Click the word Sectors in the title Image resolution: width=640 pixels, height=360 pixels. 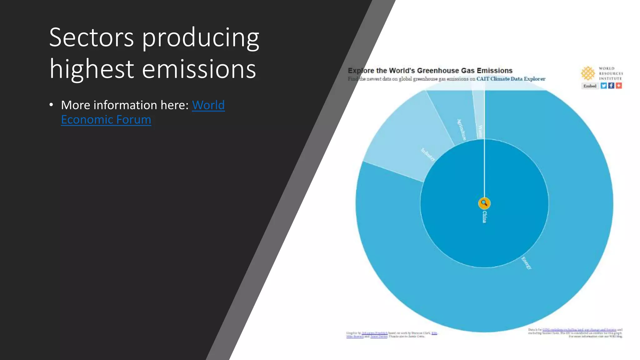91,37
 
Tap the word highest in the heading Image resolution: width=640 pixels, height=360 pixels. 91,69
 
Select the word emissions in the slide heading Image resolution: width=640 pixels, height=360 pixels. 199,69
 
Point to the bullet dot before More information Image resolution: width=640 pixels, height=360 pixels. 51,105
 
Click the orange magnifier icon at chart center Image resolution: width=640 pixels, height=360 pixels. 484,203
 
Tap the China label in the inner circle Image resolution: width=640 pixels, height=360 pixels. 484,217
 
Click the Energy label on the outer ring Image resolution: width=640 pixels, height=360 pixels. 526,263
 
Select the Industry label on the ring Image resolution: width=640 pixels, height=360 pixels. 428,154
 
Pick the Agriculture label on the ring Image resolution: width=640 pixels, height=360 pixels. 461,130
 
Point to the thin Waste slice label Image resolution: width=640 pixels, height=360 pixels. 480,131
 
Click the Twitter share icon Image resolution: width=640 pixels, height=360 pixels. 603,86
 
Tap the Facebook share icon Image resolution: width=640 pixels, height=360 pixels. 611,86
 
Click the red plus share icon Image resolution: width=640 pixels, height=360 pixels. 618,86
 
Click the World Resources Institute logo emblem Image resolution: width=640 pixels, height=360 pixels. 588,73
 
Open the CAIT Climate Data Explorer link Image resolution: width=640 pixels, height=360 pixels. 511,79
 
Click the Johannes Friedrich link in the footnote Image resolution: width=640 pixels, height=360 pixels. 374,333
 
